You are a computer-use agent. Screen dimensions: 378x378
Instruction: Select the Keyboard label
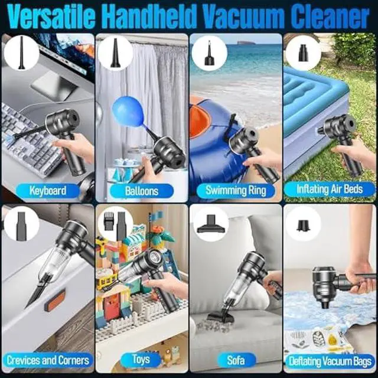(x=48, y=190)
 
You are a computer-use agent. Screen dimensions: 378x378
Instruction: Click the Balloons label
(x=142, y=190)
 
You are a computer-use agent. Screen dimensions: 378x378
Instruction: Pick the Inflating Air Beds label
(x=330, y=190)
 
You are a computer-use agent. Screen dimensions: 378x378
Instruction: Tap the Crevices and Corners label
(x=48, y=359)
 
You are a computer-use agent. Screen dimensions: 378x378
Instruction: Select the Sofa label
(x=236, y=359)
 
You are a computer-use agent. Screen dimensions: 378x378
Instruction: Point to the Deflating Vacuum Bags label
(x=330, y=359)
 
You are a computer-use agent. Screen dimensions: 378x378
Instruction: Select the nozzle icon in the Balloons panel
(x=115, y=52)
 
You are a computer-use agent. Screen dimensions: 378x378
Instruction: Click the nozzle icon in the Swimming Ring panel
(x=208, y=52)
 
